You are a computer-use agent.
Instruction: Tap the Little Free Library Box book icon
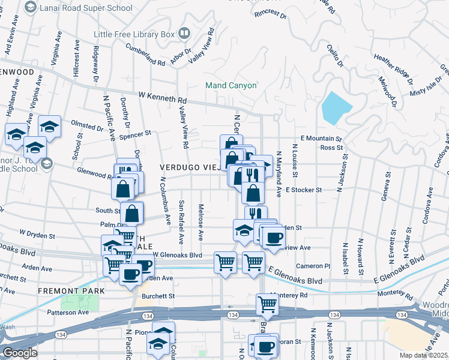click(x=185, y=33)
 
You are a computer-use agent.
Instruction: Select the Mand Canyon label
click(x=231, y=85)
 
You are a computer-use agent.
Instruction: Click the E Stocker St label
click(x=304, y=190)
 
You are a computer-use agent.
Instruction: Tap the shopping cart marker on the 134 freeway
click(x=267, y=304)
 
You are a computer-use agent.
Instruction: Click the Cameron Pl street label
click(x=313, y=266)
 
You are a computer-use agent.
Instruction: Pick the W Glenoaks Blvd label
click(x=178, y=254)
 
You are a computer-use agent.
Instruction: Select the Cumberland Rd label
click(x=145, y=56)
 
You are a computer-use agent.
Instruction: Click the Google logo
click(x=20, y=353)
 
